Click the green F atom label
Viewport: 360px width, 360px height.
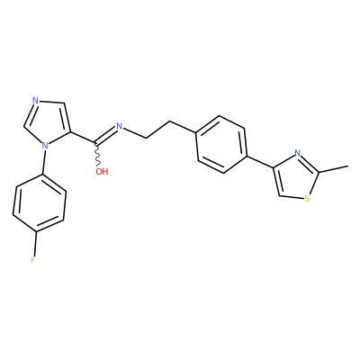coord(33,260)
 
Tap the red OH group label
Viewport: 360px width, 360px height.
coord(102,172)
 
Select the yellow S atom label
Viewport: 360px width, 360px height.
coord(307,199)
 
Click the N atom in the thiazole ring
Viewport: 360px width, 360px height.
coord(297,153)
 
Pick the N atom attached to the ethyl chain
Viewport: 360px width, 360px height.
coord(120,126)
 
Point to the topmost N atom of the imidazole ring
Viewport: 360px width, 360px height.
coord(35,101)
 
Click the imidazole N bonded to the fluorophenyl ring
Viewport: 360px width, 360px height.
coord(45,146)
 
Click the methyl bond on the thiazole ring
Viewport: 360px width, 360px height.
coord(333,169)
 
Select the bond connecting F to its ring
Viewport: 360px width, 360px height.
coord(35,243)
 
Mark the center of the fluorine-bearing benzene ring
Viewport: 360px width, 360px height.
coord(40,203)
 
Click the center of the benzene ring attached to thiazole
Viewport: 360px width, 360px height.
coord(221,144)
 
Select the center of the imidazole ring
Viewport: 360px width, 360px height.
coord(48,124)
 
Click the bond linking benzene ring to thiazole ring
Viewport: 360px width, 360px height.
coord(260,162)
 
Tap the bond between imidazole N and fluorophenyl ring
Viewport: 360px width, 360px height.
coord(44,162)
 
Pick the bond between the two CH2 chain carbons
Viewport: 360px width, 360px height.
coord(158,130)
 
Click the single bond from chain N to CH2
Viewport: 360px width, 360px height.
coord(135,133)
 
